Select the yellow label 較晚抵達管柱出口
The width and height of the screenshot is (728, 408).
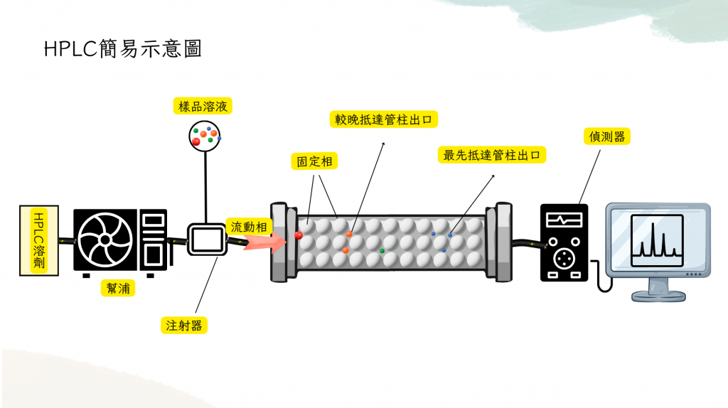coord(384,119)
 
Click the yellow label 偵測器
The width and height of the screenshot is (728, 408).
coord(607,136)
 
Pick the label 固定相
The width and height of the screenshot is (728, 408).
coord(314,161)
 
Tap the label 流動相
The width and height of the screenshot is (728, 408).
coord(248,227)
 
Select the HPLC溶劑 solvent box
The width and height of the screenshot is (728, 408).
coord(39,242)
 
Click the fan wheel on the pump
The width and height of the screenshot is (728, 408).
coord(105,241)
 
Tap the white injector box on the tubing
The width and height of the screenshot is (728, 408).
coord(205,240)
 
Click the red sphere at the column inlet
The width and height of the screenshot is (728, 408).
coord(299,235)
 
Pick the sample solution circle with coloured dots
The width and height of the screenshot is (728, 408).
coord(205,135)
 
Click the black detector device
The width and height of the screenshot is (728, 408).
coord(564,242)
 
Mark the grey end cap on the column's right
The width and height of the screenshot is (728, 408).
coord(503,242)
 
